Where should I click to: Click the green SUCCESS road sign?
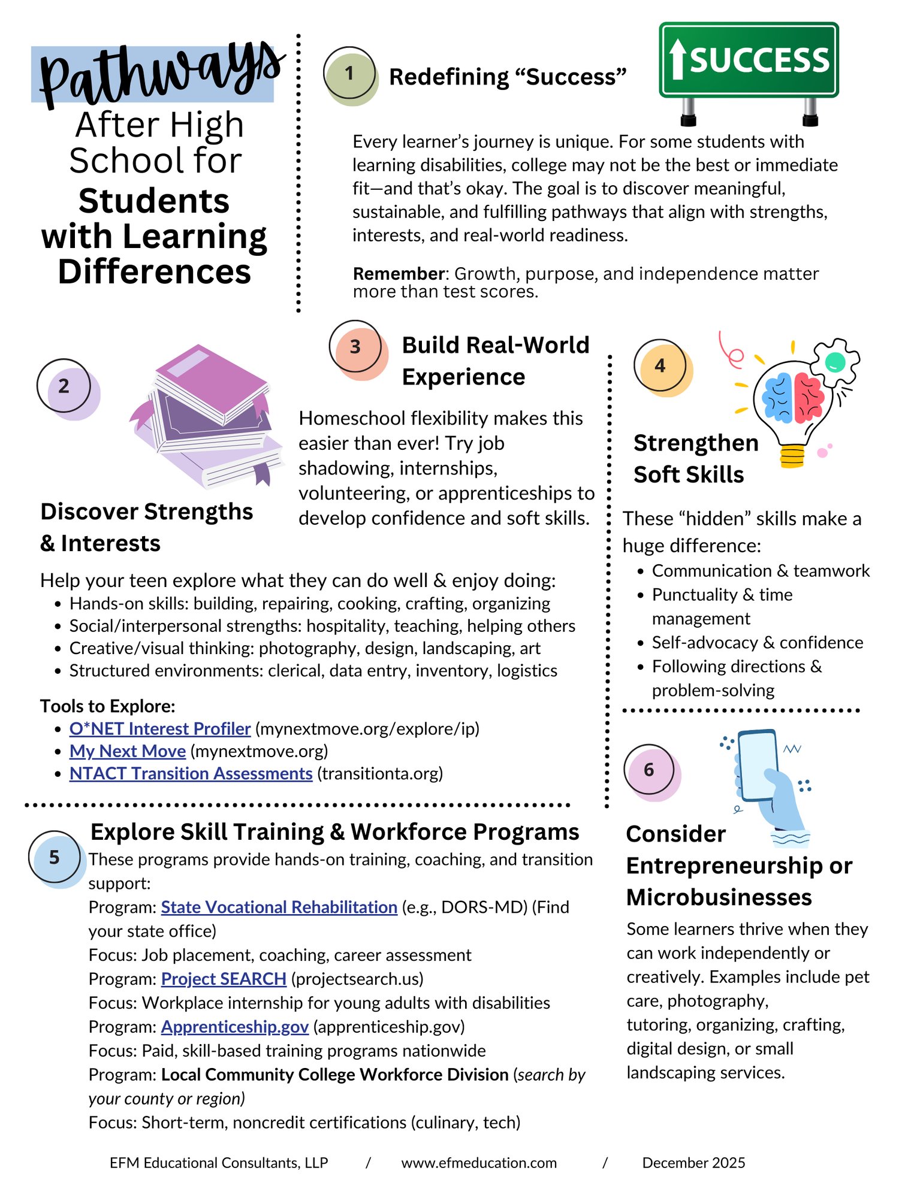pos(749,60)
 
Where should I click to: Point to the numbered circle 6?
pos(649,770)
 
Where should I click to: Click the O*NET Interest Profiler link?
pos(159,729)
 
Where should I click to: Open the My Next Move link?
pos(127,751)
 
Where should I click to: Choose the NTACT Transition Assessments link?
pos(191,774)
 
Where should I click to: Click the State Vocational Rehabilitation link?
pos(279,907)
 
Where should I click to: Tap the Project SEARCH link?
pos(224,979)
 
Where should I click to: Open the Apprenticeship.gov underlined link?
pos(234,1027)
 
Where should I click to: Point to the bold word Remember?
pos(398,274)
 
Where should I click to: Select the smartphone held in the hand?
pos(759,765)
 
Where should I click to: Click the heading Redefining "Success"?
pos(507,77)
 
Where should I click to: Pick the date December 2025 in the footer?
pos(693,1163)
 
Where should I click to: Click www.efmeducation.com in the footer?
pos(479,1163)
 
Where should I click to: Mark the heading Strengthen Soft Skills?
pos(695,459)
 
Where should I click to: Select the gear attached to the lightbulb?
pos(835,361)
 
